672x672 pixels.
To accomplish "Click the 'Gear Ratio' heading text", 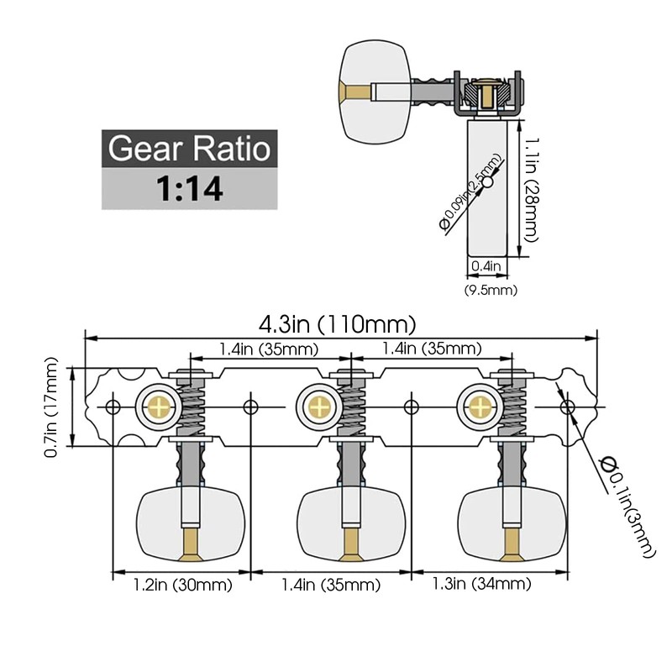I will click(189, 150).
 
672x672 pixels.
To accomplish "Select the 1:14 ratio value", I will click(189, 189).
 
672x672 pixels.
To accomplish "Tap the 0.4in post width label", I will click(486, 265).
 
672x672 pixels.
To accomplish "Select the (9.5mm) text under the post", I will click(491, 290).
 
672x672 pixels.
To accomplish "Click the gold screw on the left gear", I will click(157, 407).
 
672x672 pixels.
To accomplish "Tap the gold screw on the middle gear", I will click(318, 407).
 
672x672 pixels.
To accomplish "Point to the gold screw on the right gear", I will click(480, 407).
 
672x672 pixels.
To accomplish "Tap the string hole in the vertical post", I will click(486, 183).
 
